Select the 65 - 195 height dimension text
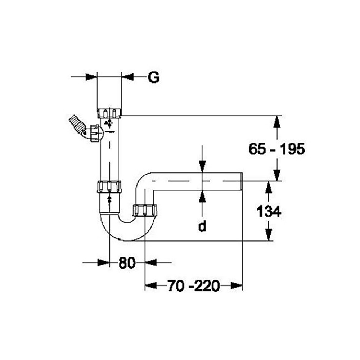[x=277, y=149]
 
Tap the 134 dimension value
[x=269, y=211]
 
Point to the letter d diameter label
[x=202, y=226]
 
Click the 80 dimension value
[x=127, y=262]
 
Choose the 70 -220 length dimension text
[x=194, y=286]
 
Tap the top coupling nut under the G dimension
[x=109, y=113]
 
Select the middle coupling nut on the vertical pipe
[x=109, y=186]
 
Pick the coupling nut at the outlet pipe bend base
[x=145, y=210]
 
